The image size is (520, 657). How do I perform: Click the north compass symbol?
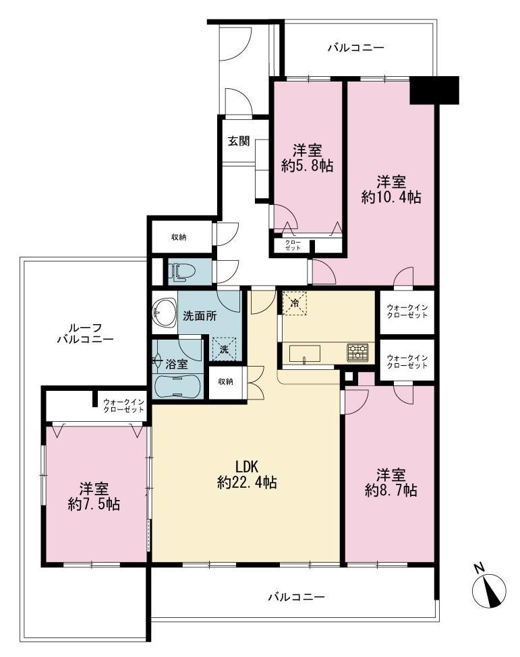(x=488, y=590)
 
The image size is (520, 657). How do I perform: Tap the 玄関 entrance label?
(x=239, y=141)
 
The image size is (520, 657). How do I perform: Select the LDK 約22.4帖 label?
(x=247, y=474)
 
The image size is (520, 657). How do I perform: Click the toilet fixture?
(x=181, y=272)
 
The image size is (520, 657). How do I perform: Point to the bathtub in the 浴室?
(x=178, y=385)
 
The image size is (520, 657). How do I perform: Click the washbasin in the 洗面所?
(x=164, y=313)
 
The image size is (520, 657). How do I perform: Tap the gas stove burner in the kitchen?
(x=357, y=352)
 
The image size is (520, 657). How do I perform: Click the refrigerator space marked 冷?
(x=295, y=303)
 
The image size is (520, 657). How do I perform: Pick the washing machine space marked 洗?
(x=225, y=348)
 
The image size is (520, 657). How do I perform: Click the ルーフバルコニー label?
(x=85, y=333)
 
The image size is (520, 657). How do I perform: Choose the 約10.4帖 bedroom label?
(x=391, y=189)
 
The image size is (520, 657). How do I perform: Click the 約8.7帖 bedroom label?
(x=391, y=482)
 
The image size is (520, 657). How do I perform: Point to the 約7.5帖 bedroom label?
(x=94, y=496)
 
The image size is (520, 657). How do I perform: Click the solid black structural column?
(x=434, y=90)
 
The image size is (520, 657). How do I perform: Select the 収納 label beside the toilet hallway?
(x=179, y=237)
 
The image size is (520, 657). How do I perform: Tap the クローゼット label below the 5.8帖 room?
(x=293, y=245)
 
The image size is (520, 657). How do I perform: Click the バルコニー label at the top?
(x=355, y=47)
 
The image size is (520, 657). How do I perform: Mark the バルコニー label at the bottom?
(x=297, y=596)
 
